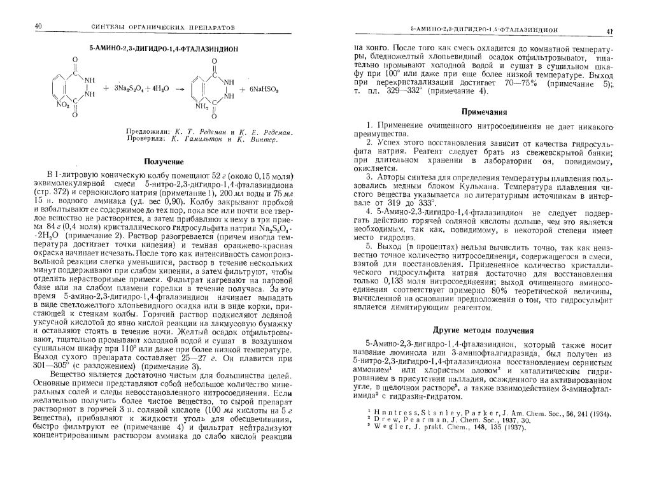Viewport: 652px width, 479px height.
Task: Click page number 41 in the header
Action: coord(610,31)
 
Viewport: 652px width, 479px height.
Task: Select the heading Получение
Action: coord(164,162)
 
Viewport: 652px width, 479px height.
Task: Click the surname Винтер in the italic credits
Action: coord(259,138)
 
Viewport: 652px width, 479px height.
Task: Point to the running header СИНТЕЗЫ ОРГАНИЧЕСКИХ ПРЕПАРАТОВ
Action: coord(159,28)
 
